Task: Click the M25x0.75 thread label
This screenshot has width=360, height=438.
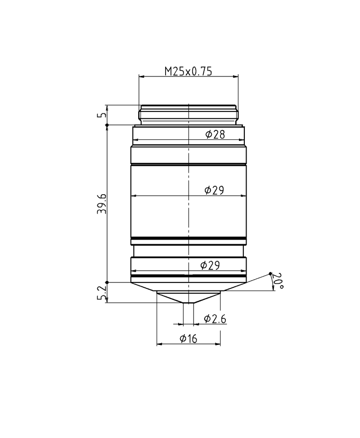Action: pyautogui.click(x=188, y=71)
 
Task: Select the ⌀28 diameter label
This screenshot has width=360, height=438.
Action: pyautogui.click(x=215, y=134)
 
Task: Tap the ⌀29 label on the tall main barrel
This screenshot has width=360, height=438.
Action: pyautogui.click(x=214, y=190)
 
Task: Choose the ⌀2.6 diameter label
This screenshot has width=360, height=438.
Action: pyautogui.click(x=215, y=319)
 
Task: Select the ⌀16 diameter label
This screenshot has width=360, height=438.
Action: pyautogui.click(x=188, y=339)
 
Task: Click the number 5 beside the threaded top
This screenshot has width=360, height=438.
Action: pyautogui.click(x=102, y=115)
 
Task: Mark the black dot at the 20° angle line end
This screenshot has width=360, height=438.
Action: pyautogui.click(x=270, y=273)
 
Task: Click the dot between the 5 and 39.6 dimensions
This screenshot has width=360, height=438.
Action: pyautogui.click(x=107, y=125)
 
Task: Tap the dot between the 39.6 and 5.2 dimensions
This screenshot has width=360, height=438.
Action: pyautogui.click(x=107, y=282)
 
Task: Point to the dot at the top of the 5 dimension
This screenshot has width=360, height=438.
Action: pyautogui.click(x=107, y=106)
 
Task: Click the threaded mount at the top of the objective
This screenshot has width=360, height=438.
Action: pyautogui.click(x=188, y=115)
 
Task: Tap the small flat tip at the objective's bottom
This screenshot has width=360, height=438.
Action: pyautogui.click(x=188, y=303)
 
